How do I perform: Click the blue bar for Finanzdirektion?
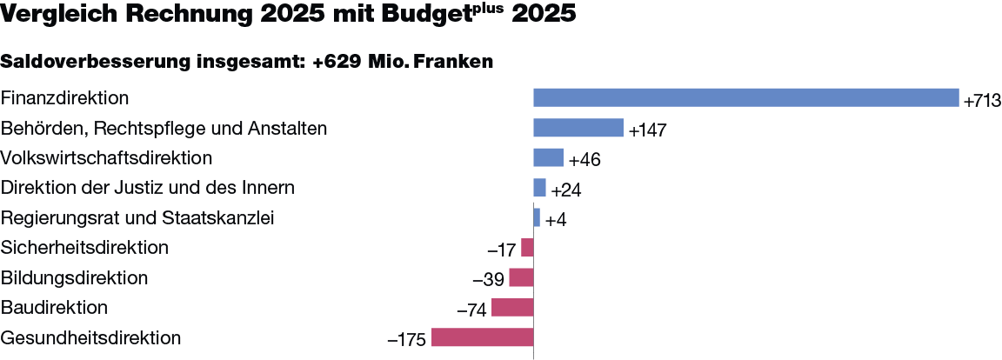[x=745, y=98]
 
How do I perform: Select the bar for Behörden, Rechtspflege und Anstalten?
[x=578, y=128]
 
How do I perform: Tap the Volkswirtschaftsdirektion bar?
[x=548, y=158]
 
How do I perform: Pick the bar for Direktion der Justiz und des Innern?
[x=539, y=188]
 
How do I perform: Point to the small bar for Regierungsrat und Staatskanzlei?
[x=537, y=217]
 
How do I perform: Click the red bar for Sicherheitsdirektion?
[x=527, y=248]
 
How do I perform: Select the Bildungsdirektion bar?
[x=521, y=277]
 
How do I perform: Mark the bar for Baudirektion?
[x=512, y=308]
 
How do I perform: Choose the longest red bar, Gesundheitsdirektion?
[x=482, y=337]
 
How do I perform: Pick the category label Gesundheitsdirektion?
[x=91, y=337]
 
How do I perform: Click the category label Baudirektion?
[x=55, y=308]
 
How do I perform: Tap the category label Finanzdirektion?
[x=66, y=98]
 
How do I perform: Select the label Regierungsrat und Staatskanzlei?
[x=138, y=217]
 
